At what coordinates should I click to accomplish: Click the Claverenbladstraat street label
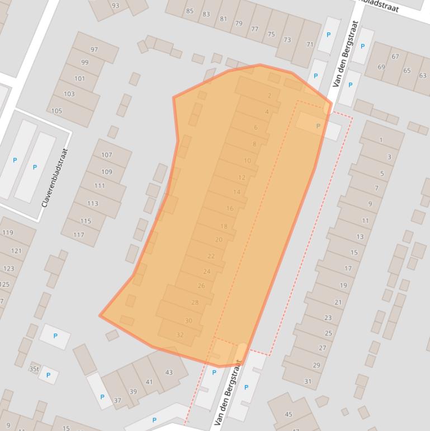point(55,177)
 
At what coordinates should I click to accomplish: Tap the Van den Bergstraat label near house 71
point(344,54)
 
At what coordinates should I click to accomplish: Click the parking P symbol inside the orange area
point(318,127)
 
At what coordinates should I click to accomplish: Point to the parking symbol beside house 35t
point(48,376)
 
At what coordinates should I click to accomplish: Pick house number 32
point(180,335)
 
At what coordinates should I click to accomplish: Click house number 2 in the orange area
point(270,96)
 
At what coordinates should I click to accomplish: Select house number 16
point(230,208)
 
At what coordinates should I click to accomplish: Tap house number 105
point(56,111)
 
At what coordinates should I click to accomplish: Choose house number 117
point(78,235)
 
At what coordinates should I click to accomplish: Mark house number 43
point(169,372)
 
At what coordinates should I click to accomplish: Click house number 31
point(308,381)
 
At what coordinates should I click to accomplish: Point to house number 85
point(190,11)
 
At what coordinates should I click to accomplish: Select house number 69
point(381,67)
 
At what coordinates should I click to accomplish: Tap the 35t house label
point(34,369)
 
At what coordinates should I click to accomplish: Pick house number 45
point(289,414)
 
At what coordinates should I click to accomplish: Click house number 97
point(94,50)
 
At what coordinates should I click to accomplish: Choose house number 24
point(207,271)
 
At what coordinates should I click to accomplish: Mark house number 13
point(360,237)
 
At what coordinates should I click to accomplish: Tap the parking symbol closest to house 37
point(102,397)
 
